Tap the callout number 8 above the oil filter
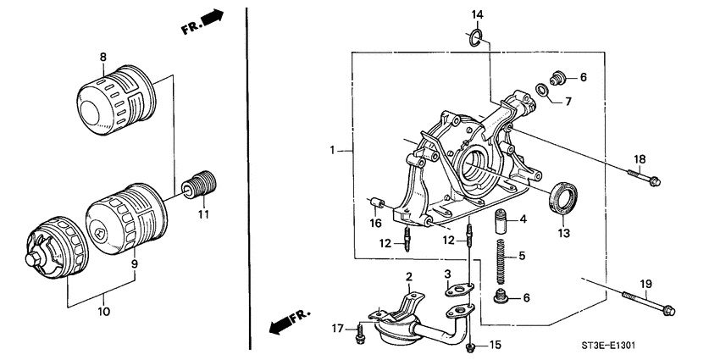pyautogui.click(x=103, y=58)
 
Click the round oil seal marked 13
pyautogui.click(x=562, y=198)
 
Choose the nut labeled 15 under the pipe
pyautogui.click(x=472, y=345)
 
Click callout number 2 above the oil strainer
pyautogui.click(x=408, y=276)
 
